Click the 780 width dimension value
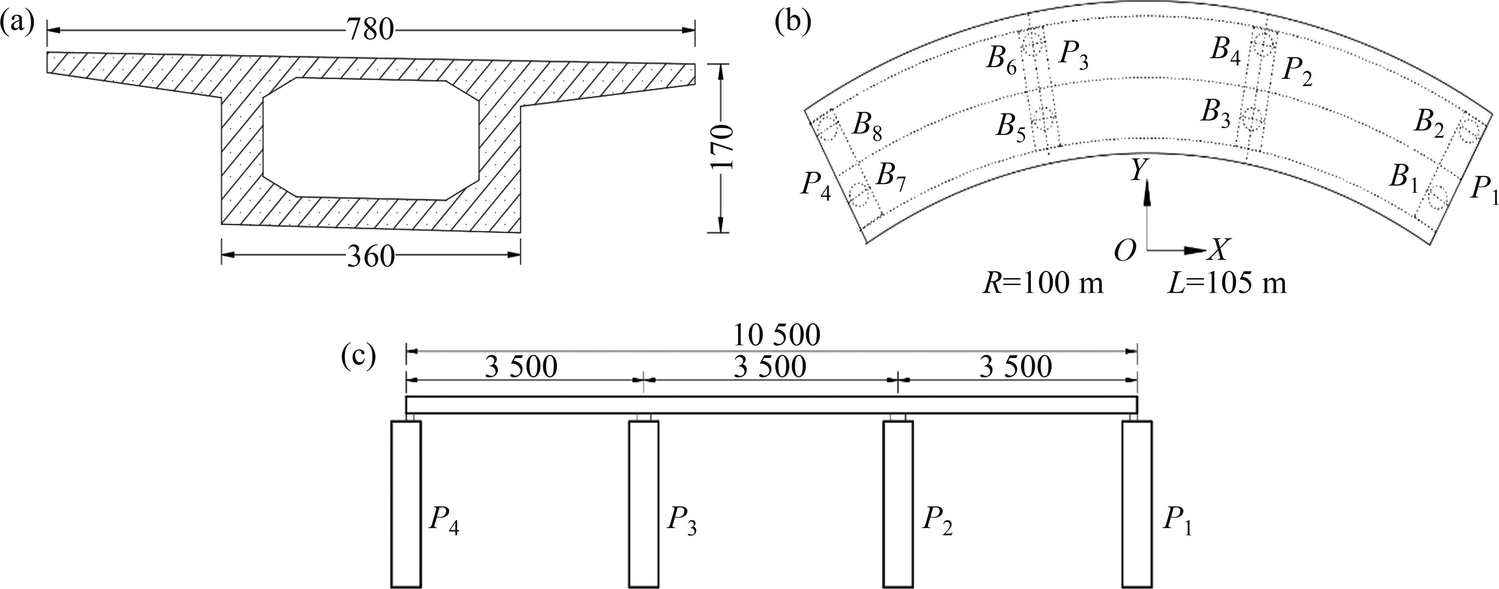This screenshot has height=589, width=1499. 370,29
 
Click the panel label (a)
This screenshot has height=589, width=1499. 18,23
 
